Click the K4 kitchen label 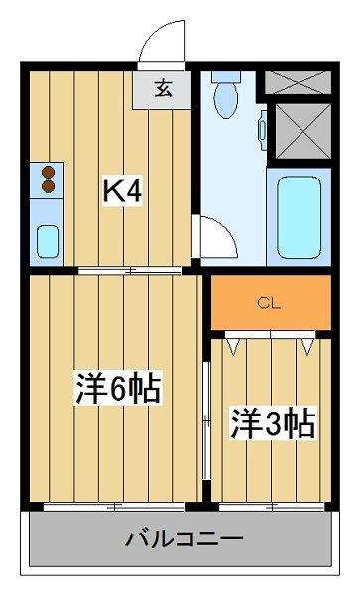click(x=123, y=192)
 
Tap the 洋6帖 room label click(x=118, y=388)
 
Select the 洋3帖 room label click(x=273, y=423)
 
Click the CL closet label click(x=269, y=304)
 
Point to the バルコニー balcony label click(x=184, y=538)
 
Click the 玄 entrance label click(x=163, y=90)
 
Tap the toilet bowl click(x=226, y=100)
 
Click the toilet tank click(x=226, y=76)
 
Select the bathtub click(x=299, y=217)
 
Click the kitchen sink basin click(x=48, y=241)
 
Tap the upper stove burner click(x=49, y=173)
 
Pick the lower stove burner click(x=49, y=186)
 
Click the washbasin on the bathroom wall click(x=263, y=130)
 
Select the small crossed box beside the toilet click(x=298, y=82)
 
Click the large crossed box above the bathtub click(x=303, y=131)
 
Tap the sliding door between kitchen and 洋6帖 click(x=131, y=270)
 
